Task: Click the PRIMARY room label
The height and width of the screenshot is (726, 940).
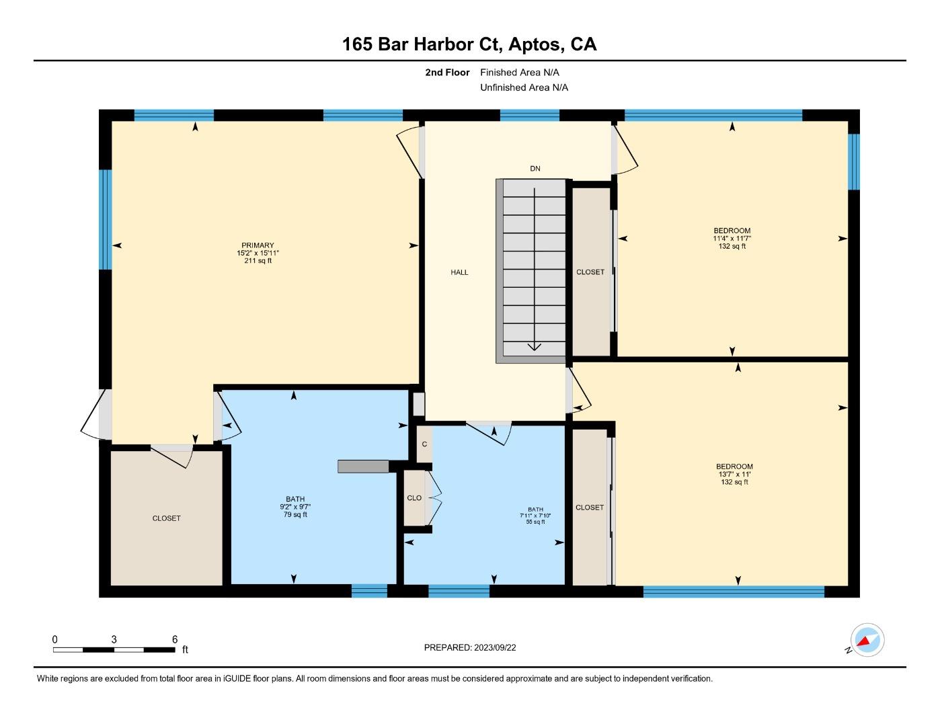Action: coord(258,245)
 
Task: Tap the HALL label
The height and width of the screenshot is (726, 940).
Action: coord(459,272)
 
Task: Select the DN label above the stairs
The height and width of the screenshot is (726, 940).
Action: coord(535,169)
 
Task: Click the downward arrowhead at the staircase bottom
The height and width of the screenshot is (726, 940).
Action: coord(535,347)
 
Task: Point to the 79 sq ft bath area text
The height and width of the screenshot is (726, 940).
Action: coord(295,515)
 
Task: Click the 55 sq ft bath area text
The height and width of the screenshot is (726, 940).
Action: coord(535,522)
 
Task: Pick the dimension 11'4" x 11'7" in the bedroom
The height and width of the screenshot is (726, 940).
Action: coord(732,239)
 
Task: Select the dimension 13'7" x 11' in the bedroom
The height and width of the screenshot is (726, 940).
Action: coord(734,474)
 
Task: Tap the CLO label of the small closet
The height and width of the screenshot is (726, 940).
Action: coord(414,498)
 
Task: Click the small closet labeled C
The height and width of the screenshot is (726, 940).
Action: coord(424,444)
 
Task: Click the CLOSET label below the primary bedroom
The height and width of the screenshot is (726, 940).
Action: coord(166,518)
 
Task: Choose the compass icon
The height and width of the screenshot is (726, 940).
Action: coord(867,640)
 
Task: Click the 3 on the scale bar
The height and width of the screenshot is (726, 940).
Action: coord(114,639)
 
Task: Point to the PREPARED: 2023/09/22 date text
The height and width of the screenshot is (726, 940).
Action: coord(470,648)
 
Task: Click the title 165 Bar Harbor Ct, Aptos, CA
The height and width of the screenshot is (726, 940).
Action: coord(469,44)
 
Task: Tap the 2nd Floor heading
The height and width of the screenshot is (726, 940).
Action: coord(447,73)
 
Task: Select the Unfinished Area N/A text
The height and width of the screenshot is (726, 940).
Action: coord(524,87)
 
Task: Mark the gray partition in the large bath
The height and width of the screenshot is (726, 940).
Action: coord(363,467)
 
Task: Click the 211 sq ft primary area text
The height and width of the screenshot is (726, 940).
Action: coord(258,261)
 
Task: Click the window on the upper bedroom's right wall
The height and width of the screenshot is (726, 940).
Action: coord(854,161)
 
